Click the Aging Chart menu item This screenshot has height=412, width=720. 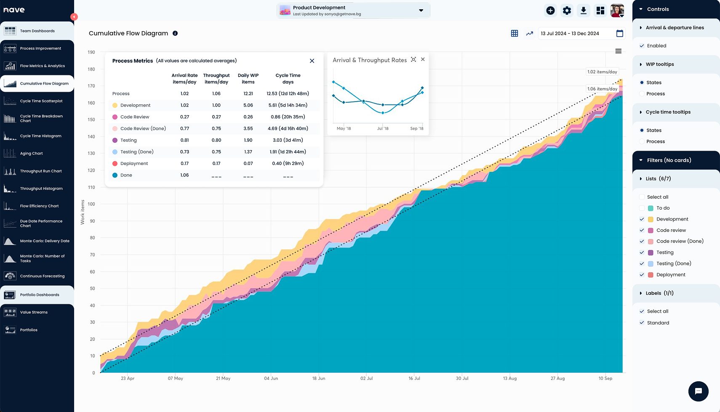31,154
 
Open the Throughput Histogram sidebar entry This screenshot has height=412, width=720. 41,189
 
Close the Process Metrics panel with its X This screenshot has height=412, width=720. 312,61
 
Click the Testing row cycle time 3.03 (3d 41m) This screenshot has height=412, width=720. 288,140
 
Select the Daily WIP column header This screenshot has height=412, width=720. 248,79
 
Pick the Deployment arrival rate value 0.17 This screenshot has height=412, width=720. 184,164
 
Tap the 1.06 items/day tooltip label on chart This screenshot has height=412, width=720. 602,89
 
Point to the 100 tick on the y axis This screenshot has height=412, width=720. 91,204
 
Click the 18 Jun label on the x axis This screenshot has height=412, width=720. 318,378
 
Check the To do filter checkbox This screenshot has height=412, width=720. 642,208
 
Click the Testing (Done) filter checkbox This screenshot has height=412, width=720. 642,263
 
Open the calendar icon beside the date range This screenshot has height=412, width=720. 619,34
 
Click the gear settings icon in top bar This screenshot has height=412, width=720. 567,11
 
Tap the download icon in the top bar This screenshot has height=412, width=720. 583,11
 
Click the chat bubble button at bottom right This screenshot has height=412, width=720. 698,391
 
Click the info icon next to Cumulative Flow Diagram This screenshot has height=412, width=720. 175,33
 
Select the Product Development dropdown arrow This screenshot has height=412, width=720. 421,11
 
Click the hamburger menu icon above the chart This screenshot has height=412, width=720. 618,51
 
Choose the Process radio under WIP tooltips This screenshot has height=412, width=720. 642,94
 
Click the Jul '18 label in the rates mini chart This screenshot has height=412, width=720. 382,128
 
